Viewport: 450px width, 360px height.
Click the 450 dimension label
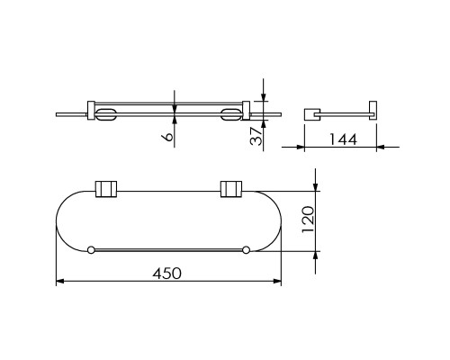pos(166,274)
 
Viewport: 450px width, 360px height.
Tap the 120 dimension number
pos(308,219)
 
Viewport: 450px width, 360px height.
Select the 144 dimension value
pos(343,139)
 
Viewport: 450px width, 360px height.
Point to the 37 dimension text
pos(256,136)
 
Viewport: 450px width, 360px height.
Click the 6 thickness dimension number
pos(167,137)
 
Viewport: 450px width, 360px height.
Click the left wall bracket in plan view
pos(106,189)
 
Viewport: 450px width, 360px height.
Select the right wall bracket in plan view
pos(231,189)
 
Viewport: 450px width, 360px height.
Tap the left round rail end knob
pos(91,249)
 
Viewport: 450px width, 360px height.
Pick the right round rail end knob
pos(246,249)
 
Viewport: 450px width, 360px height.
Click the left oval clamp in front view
pos(105,114)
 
